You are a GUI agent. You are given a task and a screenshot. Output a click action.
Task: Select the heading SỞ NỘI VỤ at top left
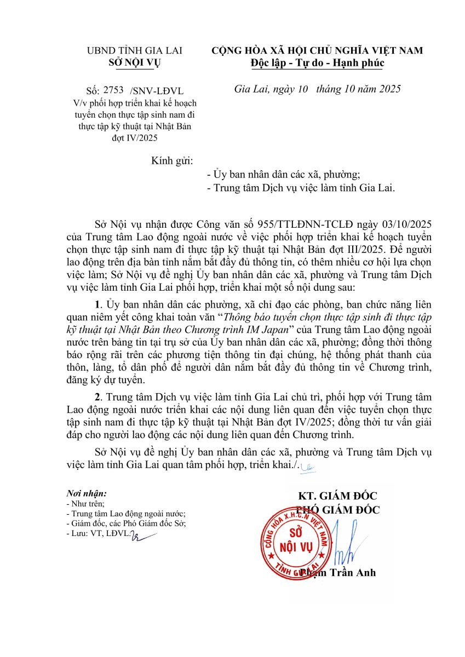[135, 62]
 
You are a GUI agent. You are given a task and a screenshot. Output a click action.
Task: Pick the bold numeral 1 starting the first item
[97, 304]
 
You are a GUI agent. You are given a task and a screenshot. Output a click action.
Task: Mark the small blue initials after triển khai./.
[309, 466]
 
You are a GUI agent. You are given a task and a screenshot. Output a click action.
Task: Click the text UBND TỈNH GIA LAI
[135, 50]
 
